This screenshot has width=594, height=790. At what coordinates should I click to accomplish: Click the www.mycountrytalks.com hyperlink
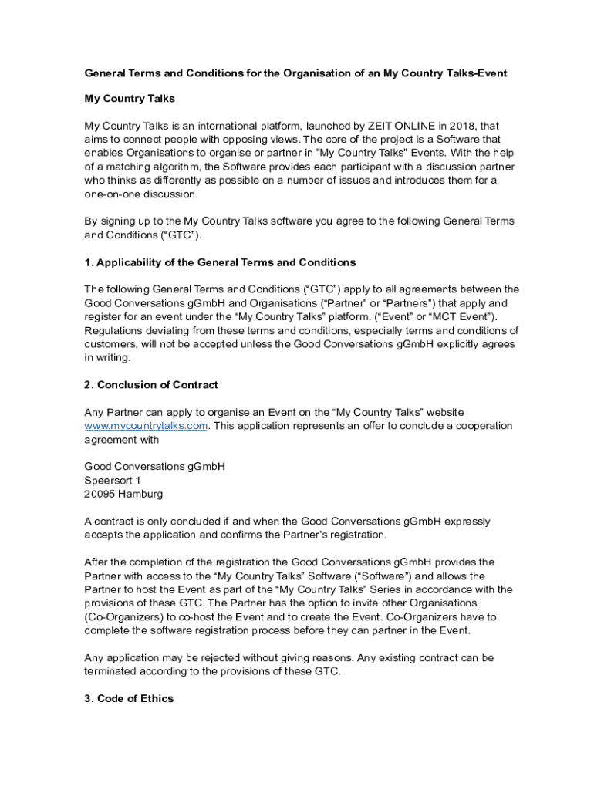click(x=146, y=426)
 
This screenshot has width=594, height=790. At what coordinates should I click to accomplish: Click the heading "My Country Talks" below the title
click(x=130, y=99)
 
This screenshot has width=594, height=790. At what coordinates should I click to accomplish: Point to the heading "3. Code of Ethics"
click(x=129, y=698)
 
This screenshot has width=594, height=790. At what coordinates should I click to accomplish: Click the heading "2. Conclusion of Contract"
click(x=151, y=385)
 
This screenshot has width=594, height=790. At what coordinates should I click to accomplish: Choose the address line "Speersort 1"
click(x=113, y=481)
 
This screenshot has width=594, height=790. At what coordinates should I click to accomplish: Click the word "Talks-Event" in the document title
click(x=477, y=73)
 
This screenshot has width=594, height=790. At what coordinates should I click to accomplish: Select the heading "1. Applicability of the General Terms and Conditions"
click(x=220, y=262)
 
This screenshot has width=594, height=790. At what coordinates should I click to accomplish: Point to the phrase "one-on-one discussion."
click(x=130, y=194)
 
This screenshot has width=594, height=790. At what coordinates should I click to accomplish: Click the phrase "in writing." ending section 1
click(x=107, y=358)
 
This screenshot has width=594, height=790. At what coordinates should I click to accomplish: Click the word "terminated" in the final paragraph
click(x=115, y=671)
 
